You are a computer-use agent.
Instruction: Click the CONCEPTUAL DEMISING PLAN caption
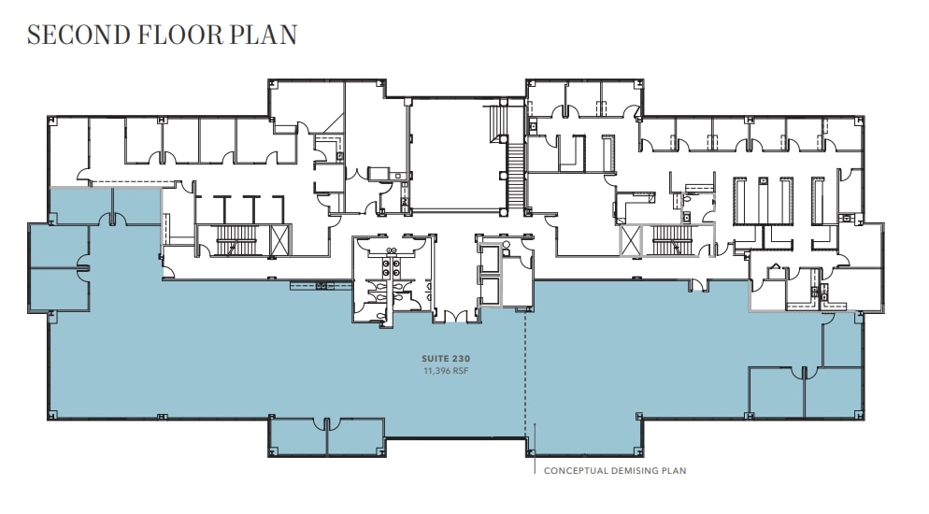click(x=615, y=470)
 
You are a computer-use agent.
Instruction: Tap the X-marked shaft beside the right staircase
click(x=633, y=240)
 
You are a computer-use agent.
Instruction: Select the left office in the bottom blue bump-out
click(x=297, y=435)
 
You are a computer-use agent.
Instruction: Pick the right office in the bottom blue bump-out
click(x=355, y=435)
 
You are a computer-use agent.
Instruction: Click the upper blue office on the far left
click(x=58, y=245)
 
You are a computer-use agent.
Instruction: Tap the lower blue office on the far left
click(x=58, y=290)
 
